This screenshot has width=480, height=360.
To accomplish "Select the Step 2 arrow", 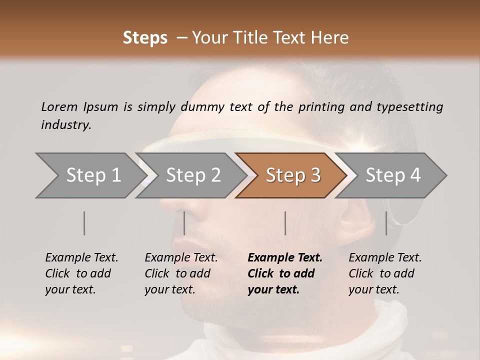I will coord(192,175).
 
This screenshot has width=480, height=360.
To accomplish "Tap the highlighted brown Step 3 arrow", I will coord(292,175).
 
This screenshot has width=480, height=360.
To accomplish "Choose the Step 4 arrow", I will coord(392,175).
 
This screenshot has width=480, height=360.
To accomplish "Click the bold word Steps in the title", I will coord(145,37).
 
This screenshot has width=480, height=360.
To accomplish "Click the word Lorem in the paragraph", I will coord(59,106).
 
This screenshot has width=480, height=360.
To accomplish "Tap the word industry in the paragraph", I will coord(66,124).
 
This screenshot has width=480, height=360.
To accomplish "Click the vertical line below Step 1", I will coord(84,223).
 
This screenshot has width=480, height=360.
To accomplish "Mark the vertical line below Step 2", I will coord(184,223).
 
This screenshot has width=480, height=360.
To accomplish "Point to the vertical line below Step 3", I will coord(285,223).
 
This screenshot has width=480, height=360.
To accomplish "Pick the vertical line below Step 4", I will coord(386,223).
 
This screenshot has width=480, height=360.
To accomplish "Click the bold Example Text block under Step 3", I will coord(285,273).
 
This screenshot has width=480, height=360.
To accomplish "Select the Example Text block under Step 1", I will coord(81,273).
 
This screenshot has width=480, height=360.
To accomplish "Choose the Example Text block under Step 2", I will coord(181,273).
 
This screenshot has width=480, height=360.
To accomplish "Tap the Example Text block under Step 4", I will coord(385,273).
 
